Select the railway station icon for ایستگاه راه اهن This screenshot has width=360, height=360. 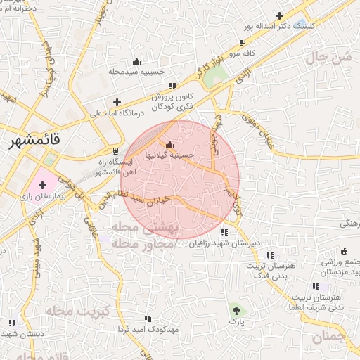click(116, 151)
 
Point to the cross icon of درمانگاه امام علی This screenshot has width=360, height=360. click(117, 102)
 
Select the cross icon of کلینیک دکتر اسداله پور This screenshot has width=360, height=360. click(279, 15)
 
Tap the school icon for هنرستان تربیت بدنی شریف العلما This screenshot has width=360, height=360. click(316, 286)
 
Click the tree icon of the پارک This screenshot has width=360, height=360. click(236, 309)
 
